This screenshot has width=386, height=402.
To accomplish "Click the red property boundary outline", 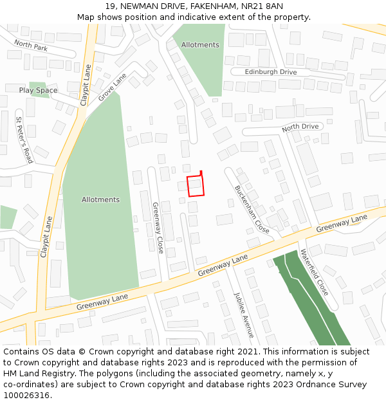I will (x=196, y=186).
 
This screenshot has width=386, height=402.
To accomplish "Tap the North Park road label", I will (x=31, y=46).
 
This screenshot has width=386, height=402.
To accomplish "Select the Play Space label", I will (x=38, y=91).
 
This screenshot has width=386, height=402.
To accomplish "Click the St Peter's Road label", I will (x=24, y=140).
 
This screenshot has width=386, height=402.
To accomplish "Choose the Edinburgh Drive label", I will (x=271, y=72).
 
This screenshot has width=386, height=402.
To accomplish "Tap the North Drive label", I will (x=300, y=127).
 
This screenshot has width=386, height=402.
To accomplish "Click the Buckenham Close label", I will (x=252, y=209).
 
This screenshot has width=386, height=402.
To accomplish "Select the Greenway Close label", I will (x=158, y=228).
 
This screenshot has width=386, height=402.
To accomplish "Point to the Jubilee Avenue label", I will (x=244, y=315).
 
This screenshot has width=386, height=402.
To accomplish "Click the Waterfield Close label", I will (x=315, y=272).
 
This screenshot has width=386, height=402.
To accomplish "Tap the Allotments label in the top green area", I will (x=200, y=45).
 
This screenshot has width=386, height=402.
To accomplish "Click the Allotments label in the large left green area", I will (x=100, y=199).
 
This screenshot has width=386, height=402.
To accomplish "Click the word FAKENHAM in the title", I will (x=199, y=6).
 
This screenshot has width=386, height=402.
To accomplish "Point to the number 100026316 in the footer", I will (x=26, y=395).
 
